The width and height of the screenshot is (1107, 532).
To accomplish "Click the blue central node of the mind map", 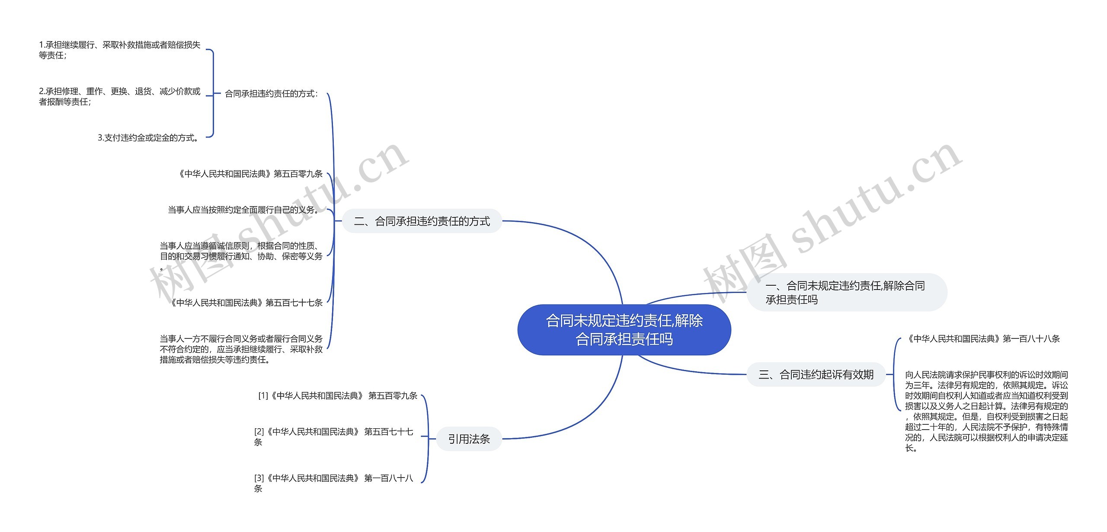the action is click(624, 330).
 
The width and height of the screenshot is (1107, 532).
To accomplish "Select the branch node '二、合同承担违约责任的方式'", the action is click(422, 221).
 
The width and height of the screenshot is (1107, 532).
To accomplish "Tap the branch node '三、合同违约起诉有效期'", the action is click(816, 374).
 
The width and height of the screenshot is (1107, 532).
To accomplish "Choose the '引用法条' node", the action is click(469, 439).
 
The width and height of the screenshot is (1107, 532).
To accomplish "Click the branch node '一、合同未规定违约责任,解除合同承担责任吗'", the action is click(846, 292).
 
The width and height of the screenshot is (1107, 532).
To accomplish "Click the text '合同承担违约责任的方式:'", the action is click(271, 94).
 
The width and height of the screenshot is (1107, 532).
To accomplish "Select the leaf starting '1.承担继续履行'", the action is click(119, 50).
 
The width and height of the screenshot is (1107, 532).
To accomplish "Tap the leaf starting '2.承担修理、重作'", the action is click(119, 96).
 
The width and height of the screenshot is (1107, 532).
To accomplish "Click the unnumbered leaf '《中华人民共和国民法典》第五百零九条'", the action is click(250, 174).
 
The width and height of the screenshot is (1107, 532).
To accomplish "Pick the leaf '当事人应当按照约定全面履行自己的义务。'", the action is click(244, 210).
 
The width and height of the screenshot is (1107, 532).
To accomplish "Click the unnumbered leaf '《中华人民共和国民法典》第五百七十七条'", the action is click(246, 303).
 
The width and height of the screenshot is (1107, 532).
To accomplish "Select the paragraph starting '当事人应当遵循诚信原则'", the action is click(241, 252).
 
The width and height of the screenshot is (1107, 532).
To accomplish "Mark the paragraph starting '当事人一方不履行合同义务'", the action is click(241, 349).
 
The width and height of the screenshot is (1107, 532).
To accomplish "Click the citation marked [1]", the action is click(338, 396).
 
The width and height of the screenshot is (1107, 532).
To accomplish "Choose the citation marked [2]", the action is click(333, 436).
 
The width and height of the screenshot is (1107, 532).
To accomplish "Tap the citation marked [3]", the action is click(333, 483).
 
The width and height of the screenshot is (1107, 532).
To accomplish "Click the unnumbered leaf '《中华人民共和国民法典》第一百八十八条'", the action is click(983, 339).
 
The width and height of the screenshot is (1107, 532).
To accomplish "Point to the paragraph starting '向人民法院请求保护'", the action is click(986, 411).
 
